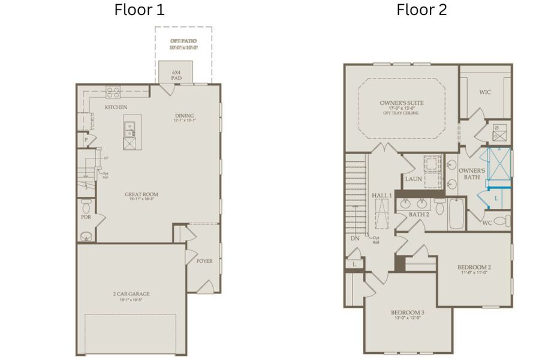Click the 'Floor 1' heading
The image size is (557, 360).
(x=139, y=10)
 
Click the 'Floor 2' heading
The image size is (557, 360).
(x=421, y=10)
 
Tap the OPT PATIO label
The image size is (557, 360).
(x=183, y=41)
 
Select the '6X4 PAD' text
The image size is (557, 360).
(x=168, y=74)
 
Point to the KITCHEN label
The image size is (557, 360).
(x=116, y=107)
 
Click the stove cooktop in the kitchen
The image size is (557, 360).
(x=113, y=92)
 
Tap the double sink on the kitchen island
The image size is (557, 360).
(x=129, y=127)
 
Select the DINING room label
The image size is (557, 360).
(x=185, y=116)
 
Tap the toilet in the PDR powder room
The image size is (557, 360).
(x=86, y=208)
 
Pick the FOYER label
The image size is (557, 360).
(x=204, y=261)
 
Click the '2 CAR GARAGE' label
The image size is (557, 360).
(x=131, y=293)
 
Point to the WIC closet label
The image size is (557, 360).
(x=486, y=92)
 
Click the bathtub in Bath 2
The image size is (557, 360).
(x=457, y=214)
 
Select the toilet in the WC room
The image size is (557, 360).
(x=504, y=220)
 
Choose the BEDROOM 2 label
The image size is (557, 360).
(x=474, y=267)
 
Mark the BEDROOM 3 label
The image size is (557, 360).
(x=408, y=313)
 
